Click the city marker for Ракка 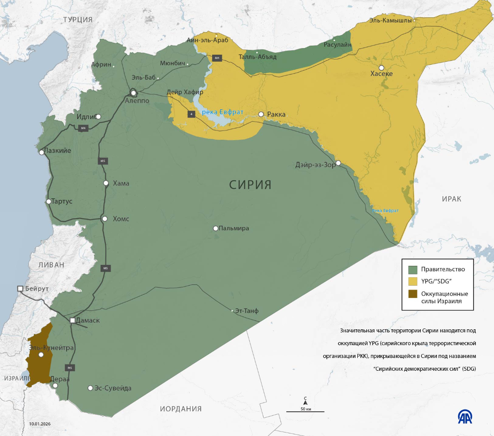261,114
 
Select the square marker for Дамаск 73,320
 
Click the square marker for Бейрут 20,288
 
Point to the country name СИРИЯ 250,185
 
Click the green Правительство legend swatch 413,269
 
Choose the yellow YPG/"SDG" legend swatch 413,281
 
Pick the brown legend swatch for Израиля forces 413,294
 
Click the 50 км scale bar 305,411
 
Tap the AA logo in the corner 466,416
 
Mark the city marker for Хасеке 381,67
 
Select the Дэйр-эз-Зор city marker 338,163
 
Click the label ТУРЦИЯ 78,19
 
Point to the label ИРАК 451,199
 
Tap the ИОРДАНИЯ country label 181,409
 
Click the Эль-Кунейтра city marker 41,354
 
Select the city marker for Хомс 105,219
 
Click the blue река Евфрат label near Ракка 223,112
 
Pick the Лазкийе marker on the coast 41,153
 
